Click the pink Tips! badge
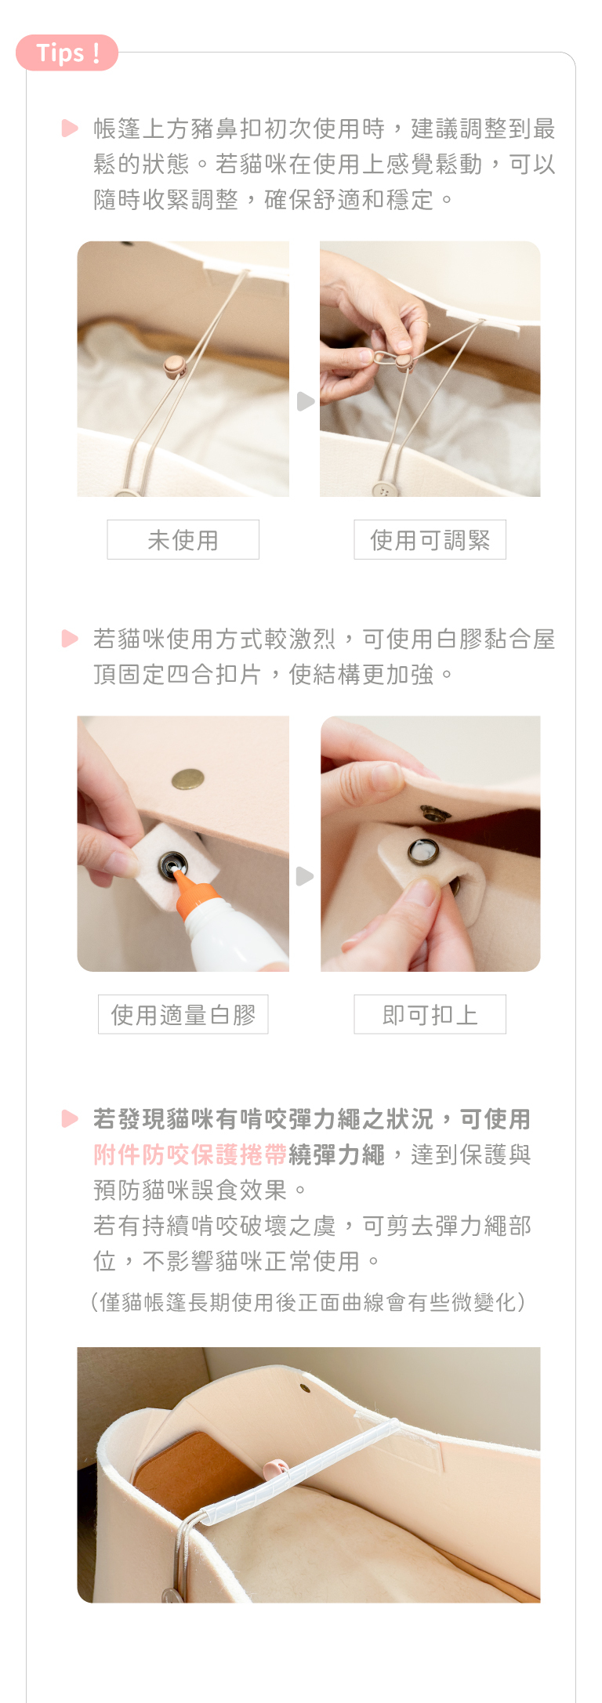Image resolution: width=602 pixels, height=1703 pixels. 67,53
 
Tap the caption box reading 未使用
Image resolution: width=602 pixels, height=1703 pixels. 183,539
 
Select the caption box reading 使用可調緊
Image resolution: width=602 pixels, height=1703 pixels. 430,539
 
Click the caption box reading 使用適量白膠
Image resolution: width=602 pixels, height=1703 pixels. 183,1014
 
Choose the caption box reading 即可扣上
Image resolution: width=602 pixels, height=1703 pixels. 430,1014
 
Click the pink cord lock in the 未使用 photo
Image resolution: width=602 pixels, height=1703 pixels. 174,365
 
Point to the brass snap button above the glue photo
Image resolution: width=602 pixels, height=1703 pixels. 188,778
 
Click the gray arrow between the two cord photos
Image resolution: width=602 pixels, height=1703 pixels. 306,401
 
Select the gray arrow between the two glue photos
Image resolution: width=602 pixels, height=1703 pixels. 306,876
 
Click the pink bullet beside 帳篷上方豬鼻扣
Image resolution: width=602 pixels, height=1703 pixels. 70,128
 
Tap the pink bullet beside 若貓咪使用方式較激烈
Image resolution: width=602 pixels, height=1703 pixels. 70,639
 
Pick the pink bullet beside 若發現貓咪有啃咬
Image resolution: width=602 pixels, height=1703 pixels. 70,1118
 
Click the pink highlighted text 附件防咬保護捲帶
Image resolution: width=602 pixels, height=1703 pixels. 190,1154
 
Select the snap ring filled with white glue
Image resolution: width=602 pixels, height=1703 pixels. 423,851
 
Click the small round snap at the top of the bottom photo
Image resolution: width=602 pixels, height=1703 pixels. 305,1388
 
